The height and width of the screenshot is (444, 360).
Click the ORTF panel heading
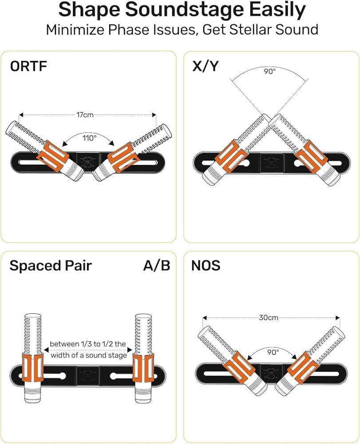pos(28,67)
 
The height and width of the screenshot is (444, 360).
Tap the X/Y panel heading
pos(206,67)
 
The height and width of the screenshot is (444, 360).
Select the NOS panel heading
pos(206,266)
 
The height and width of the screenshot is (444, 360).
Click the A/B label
pos(156,266)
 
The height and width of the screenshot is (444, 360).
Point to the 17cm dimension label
pos(85,115)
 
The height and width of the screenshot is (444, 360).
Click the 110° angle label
pos(89,138)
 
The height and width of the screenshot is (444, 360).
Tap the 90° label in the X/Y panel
pos(269,71)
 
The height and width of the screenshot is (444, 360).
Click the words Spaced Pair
pos(51,266)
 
